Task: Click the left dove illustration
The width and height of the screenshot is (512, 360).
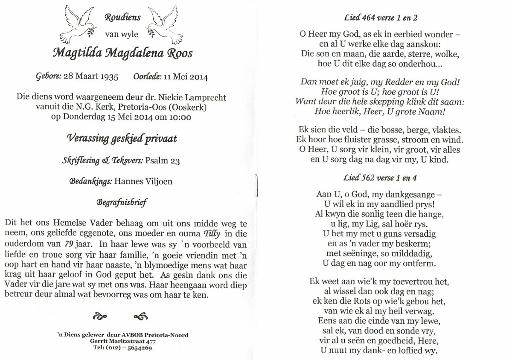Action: click(81, 24)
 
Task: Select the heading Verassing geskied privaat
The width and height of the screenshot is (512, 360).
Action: click(122, 139)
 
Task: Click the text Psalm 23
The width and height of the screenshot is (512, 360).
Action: click(163, 161)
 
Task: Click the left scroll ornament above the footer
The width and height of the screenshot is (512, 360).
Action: click(100, 316)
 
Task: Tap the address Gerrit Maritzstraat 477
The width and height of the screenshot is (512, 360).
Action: click(123, 341)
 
